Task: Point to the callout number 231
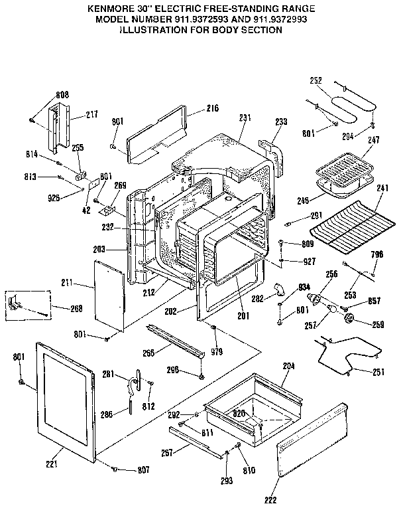pyautogui.click(x=245, y=118)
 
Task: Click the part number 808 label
pyautogui.click(x=62, y=94)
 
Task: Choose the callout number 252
pyautogui.click(x=316, y=80)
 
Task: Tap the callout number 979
pyautogui.click(x=217, y=351)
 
